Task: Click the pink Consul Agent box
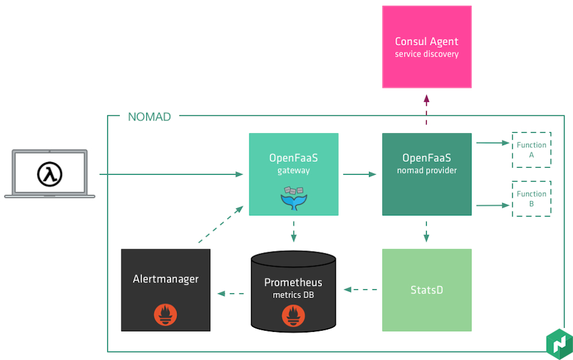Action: point(427,47)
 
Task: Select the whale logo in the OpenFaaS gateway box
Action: point(293,197)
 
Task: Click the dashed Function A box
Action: point(531,150)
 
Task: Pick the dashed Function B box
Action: point(531,198)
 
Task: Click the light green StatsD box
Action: point(427,290)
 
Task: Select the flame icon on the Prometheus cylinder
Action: point(293,314)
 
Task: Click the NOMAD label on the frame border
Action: point(149,117)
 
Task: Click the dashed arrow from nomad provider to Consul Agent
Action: point(426,110)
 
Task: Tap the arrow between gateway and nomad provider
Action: point(360,174)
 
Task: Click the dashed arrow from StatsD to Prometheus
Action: point(360,289)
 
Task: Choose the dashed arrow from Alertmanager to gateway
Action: point(221,226)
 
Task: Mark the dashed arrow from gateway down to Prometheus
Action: point(293,231)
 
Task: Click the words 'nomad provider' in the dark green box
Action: point(426,170)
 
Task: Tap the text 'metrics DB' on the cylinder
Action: point(293,295)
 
